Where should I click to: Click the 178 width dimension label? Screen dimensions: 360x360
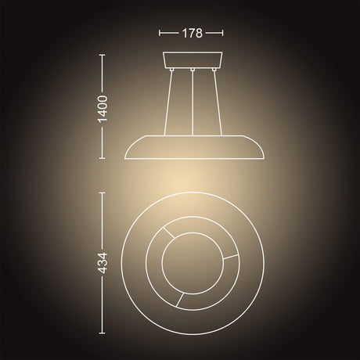pyautogui.click(x=192, y=33)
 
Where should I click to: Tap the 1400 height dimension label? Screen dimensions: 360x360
pyautogui.click(x=103, y=109)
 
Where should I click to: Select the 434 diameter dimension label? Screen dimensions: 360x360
pyautogui.click(x=103, y=263)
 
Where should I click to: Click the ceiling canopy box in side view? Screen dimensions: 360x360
pyautogui.click(x=193, y=59)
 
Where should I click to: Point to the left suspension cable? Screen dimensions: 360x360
pyautogui.click(x=167, y=103)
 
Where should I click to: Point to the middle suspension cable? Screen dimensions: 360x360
pyautogui.click(x=193, y=103)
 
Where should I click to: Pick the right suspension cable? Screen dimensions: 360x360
pyautogui.click(x=218, y=103)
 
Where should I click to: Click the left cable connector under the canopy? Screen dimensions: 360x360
pyautogui.click(x=171, y=69)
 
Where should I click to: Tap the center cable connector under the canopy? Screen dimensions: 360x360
pyautogui.click(x=193, y=69)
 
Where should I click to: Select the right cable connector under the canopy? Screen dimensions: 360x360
pyautogui.click(x=214, y=69)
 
